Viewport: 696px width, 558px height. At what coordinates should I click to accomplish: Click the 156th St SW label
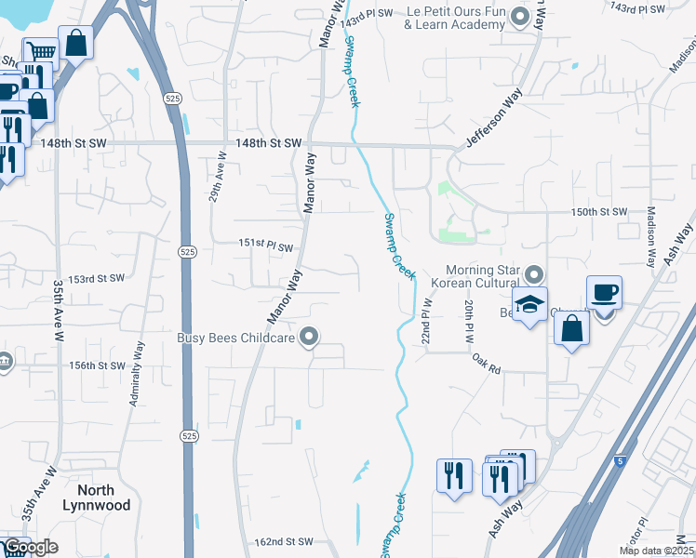(96, 365)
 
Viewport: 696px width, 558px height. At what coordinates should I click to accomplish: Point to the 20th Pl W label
(469, 320)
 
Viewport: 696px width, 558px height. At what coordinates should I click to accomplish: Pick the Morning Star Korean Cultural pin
(533, 275)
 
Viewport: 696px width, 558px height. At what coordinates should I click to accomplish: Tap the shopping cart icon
(40, 52)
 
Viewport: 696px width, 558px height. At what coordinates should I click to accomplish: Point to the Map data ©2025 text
(656, 551)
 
